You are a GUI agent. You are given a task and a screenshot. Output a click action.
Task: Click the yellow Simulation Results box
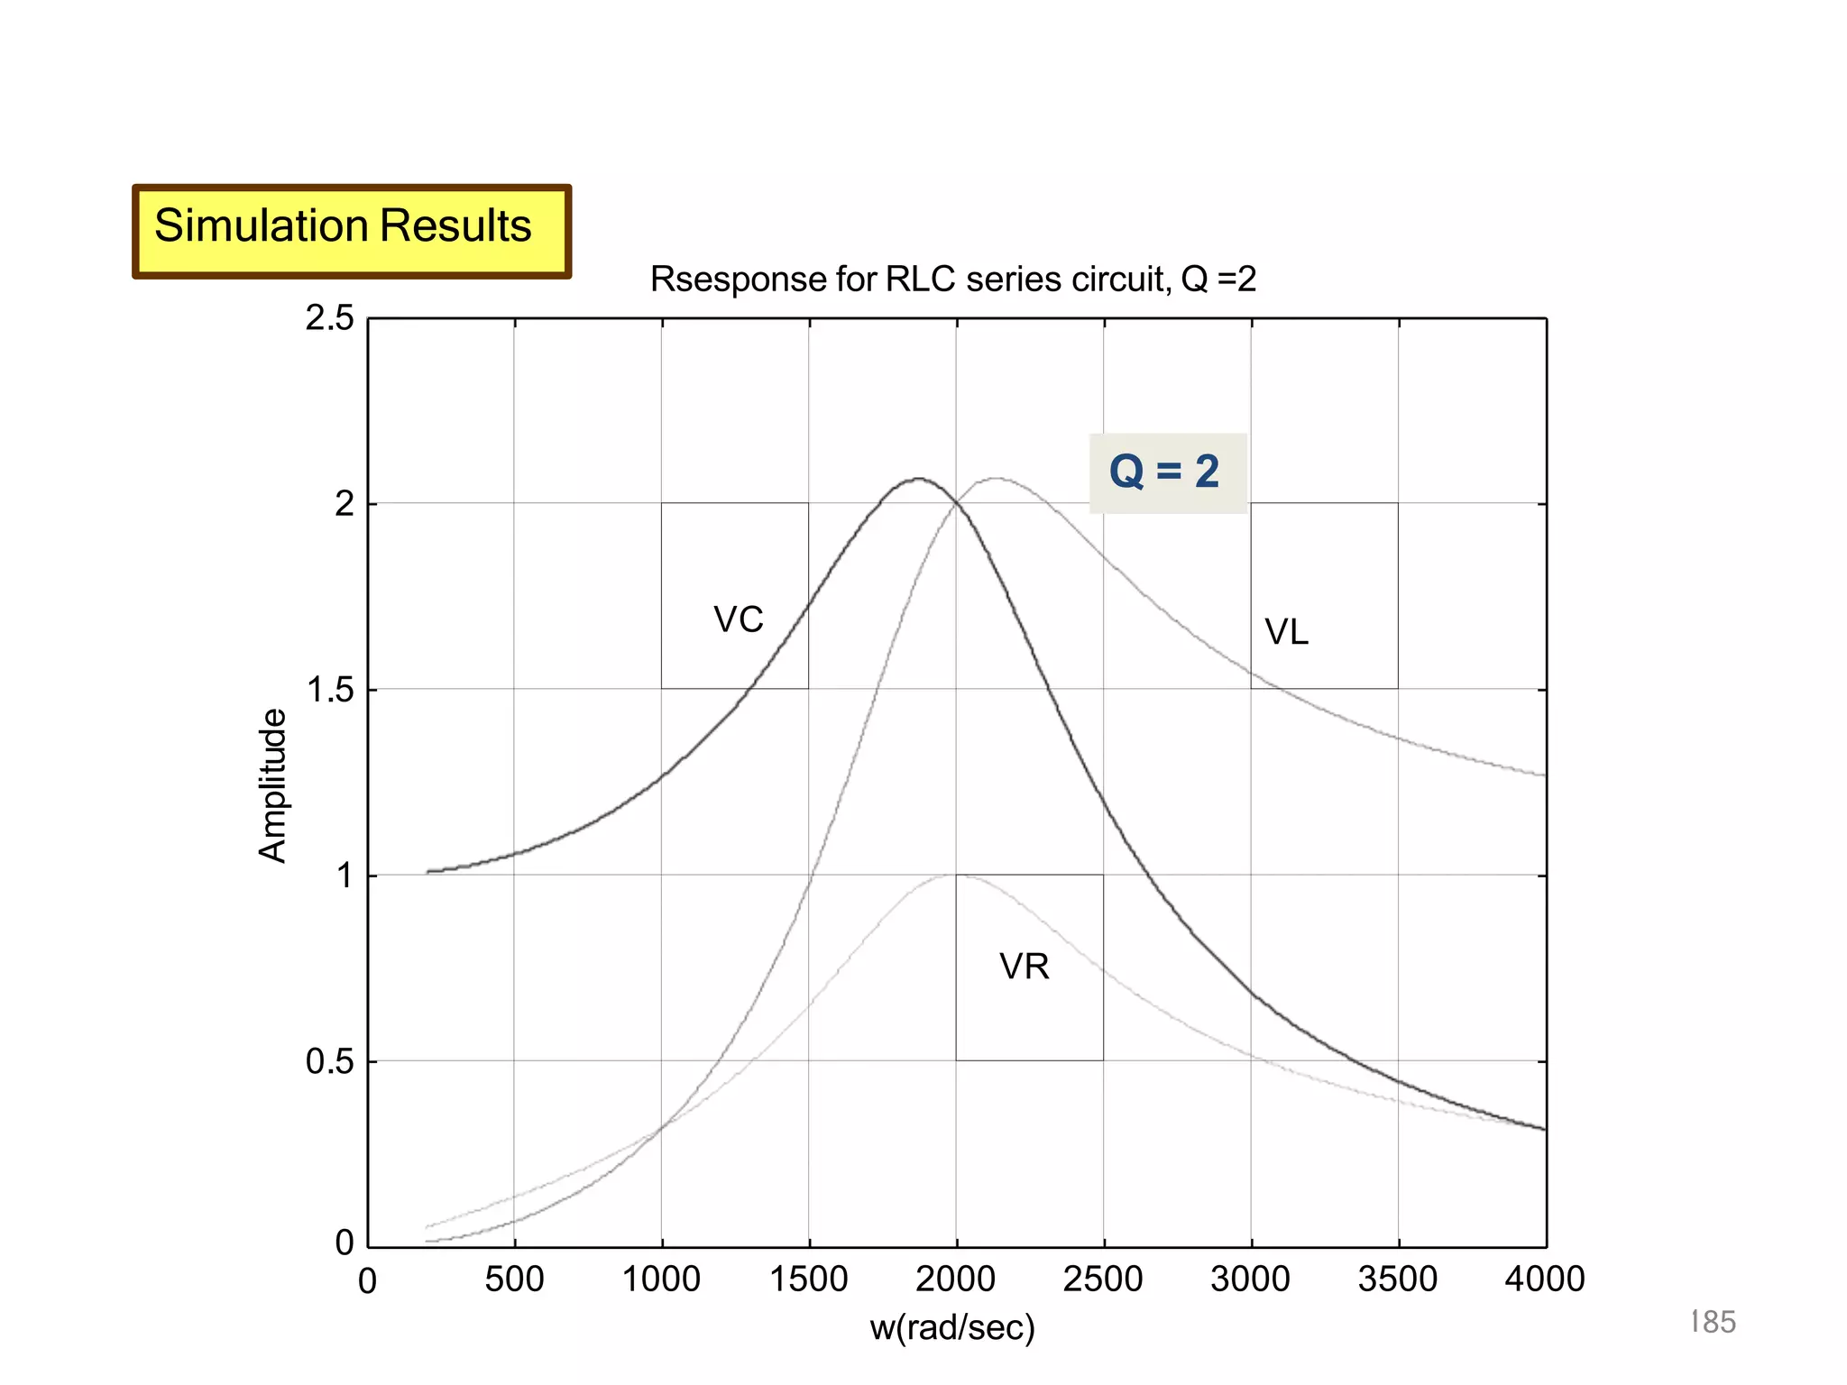351,231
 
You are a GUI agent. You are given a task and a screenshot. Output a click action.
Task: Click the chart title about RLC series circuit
952,280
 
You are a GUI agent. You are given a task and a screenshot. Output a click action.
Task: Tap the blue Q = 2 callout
1166,472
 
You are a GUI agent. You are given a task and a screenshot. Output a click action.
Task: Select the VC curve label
738,620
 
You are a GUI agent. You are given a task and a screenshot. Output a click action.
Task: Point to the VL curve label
1286,632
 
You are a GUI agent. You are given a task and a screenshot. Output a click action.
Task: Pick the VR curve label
1025,968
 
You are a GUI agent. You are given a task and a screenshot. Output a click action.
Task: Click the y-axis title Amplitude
272,786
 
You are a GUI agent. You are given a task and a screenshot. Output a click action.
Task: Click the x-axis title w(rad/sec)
952,1327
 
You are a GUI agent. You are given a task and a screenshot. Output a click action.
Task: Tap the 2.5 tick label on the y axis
329,318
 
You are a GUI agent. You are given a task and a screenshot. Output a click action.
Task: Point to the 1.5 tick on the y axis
329,690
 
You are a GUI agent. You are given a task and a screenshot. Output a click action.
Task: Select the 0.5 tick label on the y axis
329,1062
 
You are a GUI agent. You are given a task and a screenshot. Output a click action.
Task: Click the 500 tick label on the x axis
514,1280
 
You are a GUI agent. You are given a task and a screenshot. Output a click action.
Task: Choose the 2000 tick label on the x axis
956,1280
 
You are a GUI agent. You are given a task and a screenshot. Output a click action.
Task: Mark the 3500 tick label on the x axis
1398,1280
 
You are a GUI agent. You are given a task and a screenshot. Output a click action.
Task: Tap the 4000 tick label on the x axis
1545,1280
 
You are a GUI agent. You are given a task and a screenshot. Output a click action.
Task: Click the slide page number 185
1713,1322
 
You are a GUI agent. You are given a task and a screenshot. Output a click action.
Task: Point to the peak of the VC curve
918,479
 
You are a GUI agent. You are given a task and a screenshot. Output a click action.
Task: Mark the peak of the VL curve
995,479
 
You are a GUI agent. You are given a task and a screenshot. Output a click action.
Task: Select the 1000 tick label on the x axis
661,1280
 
